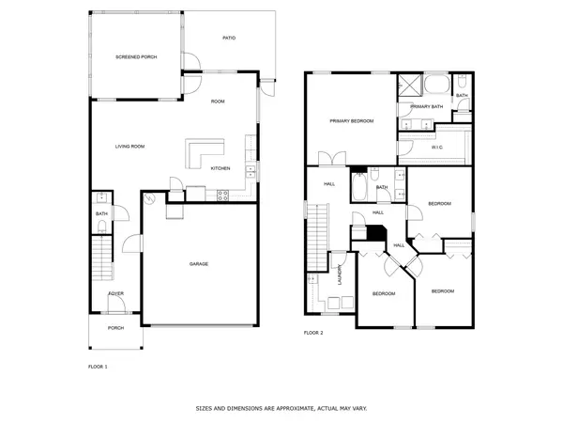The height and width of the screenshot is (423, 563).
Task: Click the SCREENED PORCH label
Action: click(136, 56)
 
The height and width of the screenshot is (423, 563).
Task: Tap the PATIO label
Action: click(229, 38)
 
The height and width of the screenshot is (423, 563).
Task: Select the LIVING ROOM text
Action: click(130, 147)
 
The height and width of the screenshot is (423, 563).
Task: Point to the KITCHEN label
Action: click(221, 168)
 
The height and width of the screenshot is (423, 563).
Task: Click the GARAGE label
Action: click(199, 264)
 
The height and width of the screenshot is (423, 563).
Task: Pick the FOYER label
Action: click(116, 293)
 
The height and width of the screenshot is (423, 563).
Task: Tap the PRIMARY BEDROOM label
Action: click(352, 121)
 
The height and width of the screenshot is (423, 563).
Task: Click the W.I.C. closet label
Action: click(437, 148)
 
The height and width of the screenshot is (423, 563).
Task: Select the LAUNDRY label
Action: click(340, 274)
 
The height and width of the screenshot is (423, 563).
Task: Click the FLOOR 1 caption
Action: click(98, 367)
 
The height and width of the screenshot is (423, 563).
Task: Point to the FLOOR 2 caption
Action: click(313, 333)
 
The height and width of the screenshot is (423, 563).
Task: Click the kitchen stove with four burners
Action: click(222, 196)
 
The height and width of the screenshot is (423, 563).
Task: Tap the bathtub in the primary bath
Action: click(436, 84)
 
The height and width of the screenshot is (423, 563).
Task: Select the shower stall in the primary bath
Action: click(410, 85)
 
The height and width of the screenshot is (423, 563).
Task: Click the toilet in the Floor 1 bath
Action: click(102, 227)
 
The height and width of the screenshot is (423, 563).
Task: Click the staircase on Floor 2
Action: click(317, 237)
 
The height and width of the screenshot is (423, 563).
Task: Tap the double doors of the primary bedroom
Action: click(332, 158)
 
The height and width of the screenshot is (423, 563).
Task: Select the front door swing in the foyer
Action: click(116, 304)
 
